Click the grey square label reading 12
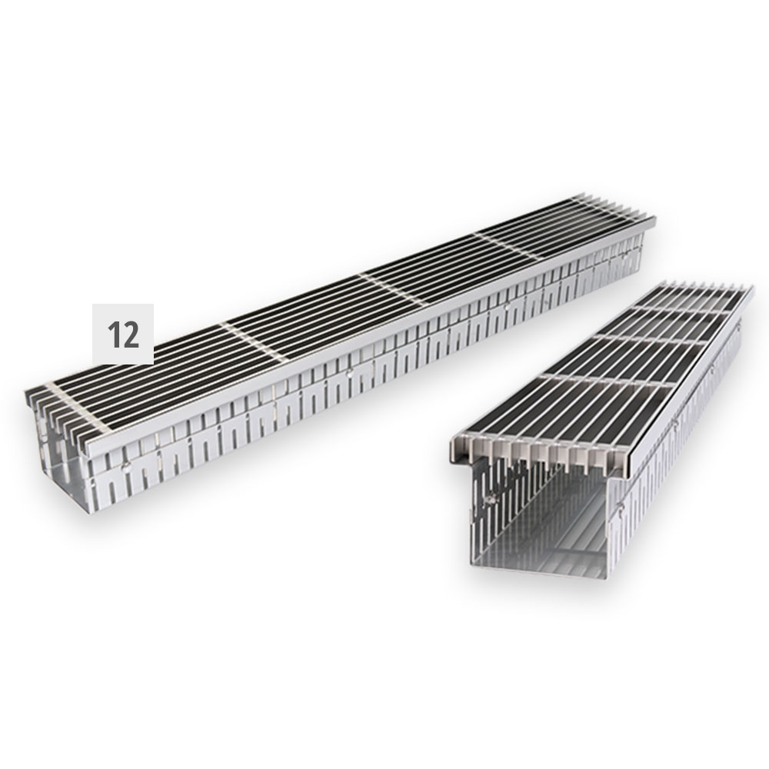tap(123, 334)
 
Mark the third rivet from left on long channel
tap(506, 308)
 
